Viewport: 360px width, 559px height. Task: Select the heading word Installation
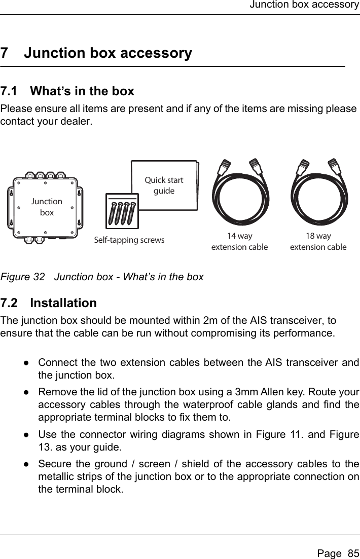(63, 303)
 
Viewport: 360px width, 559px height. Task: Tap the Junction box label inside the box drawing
(47, 207)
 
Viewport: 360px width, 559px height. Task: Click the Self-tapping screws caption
(130, 240)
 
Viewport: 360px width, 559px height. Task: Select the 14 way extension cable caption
(239, 242)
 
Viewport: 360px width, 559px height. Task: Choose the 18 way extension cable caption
(318, 242)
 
